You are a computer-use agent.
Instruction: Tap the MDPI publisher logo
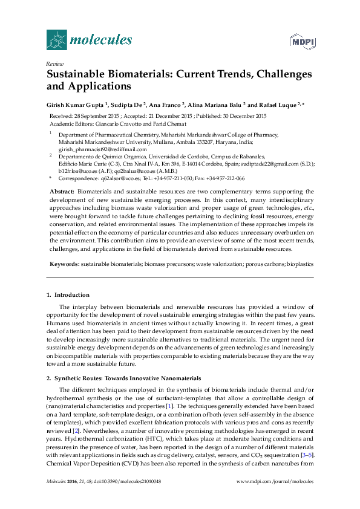pos(301,41)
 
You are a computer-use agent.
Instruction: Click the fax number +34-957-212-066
pos(224,178)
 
